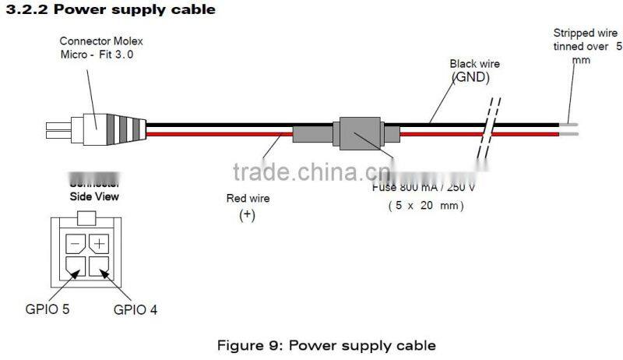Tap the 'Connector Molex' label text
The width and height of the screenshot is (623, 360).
[x=101, y=41]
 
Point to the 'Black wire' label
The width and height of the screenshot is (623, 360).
[x=474, y=64]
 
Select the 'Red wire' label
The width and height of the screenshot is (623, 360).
[x=247, y=199]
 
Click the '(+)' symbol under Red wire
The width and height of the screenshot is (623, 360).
[x=247, y=216]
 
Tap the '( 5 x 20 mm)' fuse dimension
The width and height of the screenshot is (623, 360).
[x=426, y=206]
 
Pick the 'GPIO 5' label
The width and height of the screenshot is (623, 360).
[x=47, y=309]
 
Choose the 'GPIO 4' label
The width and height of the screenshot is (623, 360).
[x=136, y=309]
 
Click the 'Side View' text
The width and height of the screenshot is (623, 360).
[x=94, y=197]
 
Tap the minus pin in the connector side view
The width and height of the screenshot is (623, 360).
[x=75, y=244]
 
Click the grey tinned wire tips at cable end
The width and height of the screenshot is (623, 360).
[x=568, y=129]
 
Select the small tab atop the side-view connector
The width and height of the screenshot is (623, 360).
[x=87, y=217]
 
